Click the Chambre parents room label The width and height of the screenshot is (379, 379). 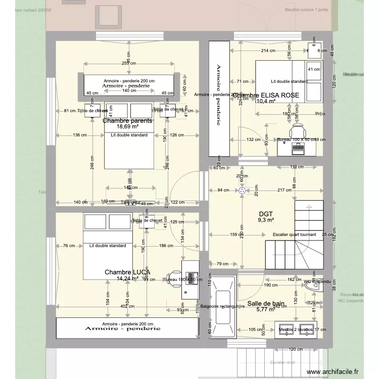click(127, 121)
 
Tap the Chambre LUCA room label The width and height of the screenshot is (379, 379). click(127, 272)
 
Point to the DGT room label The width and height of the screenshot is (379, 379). click(265, 214)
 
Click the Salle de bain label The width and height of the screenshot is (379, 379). click(266, 304)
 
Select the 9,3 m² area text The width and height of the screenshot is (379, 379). click(265, 220)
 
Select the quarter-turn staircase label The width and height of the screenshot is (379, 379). click(294, 234)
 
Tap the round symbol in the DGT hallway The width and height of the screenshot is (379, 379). click(242, 191)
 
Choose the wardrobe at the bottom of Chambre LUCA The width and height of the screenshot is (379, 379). click(127, 328)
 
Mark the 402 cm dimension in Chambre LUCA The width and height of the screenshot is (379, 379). click(127, 306)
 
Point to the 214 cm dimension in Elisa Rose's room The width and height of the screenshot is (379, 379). click(268, 51)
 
